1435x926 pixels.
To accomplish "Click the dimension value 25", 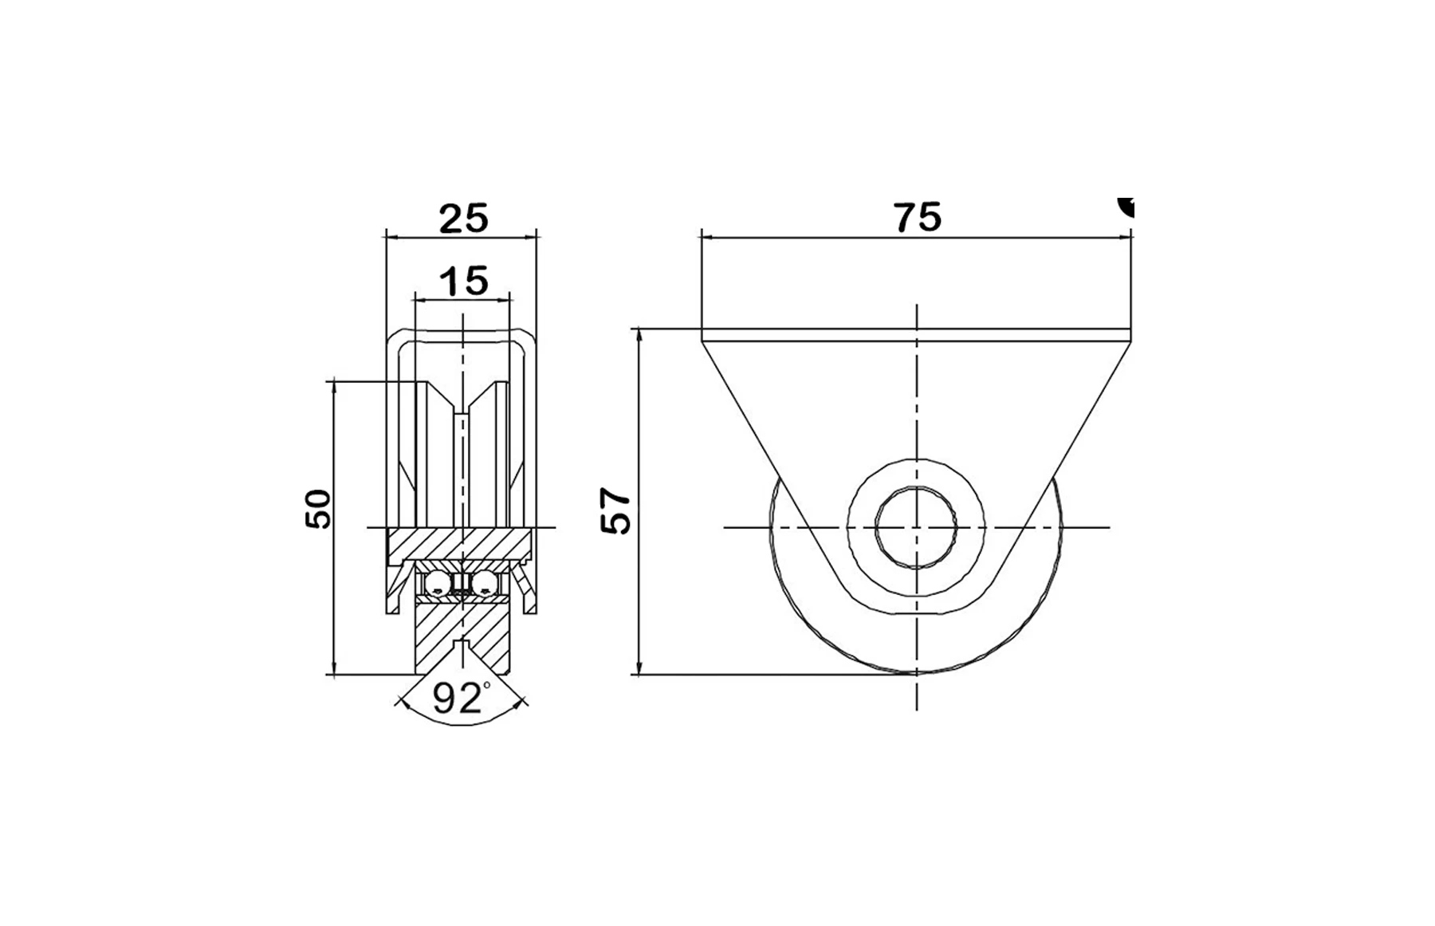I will [x=463, y=219].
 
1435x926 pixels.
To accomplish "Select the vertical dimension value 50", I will [x=318, y=508].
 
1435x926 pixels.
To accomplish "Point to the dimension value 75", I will [x=917, y=218].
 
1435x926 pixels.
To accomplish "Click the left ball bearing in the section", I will [x=437, y=585].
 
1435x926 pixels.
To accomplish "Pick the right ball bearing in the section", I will [x=484, y=585].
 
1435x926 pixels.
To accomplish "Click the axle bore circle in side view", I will [x=917, y=528].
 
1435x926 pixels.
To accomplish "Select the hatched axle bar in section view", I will [x=458, y=544].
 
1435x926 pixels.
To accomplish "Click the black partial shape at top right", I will [x=1126, y=206].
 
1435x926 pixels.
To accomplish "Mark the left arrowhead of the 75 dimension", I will [x=706, y=236].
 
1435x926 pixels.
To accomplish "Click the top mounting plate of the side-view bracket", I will [x=917, y=335].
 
